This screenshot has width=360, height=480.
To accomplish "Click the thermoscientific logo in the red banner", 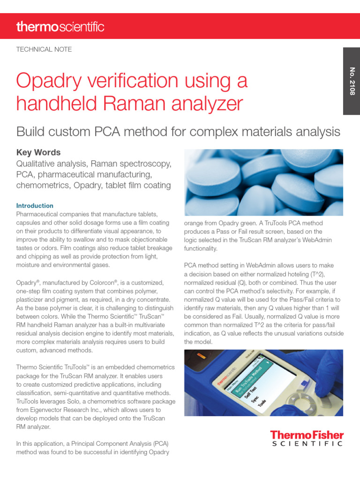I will click(x=60, y=27).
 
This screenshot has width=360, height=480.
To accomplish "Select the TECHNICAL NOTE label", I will click(x=44, y=49).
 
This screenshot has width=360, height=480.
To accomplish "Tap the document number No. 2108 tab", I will click(x=352, y=81).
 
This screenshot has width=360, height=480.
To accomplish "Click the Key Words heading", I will click(x=38, y=153).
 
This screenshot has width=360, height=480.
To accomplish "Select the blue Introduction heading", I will click(x=35, y=205).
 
